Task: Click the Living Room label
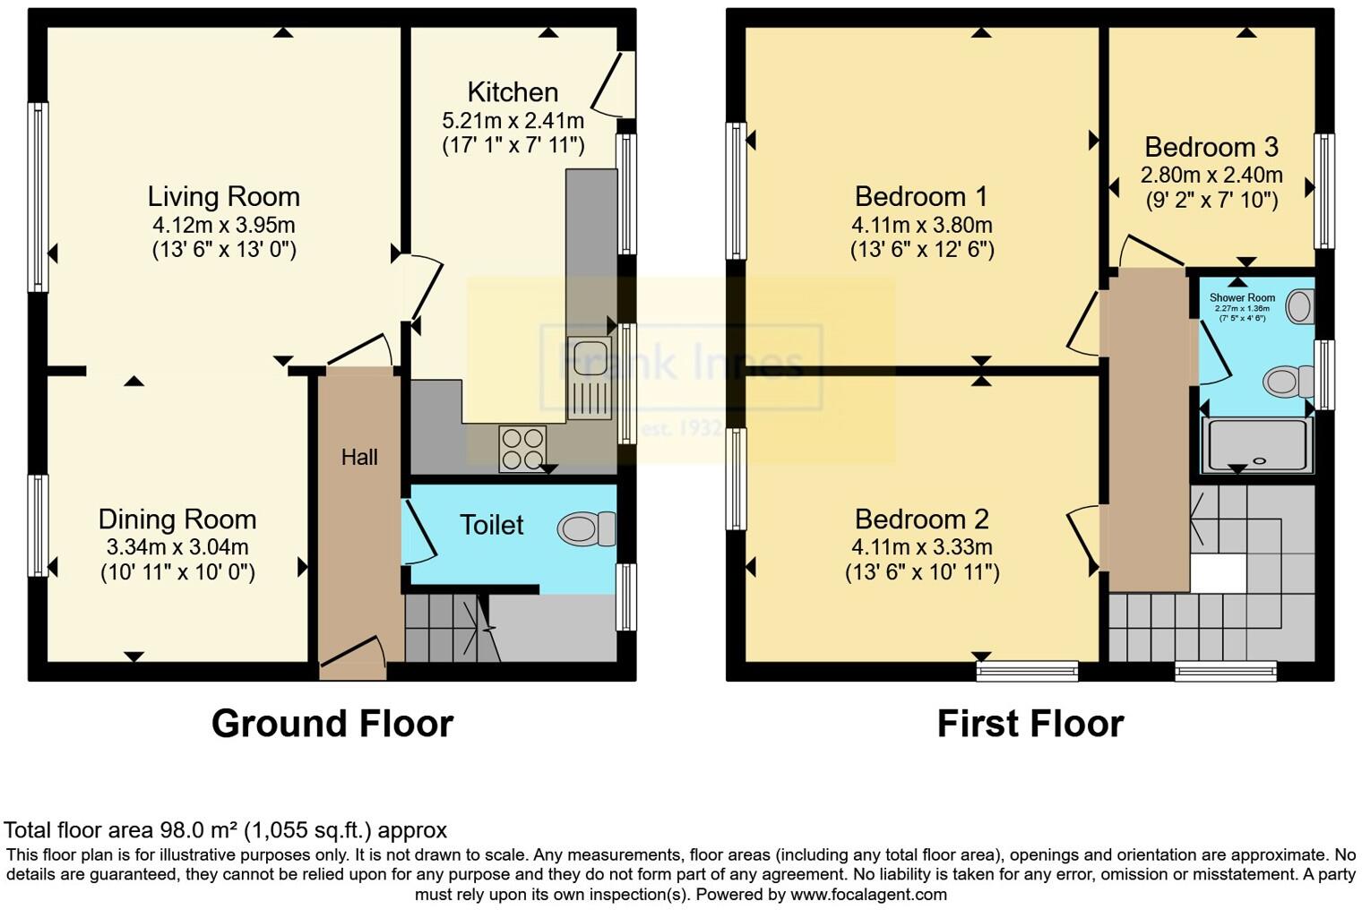223,196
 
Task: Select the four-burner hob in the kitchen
522,448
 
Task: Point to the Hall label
358,458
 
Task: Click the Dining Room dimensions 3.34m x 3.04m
177,546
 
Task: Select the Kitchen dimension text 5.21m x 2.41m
513,120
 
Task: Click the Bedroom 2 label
921,519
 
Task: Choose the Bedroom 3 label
1211,147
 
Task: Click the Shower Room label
1241,297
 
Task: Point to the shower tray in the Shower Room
1257,445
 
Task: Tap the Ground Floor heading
332,724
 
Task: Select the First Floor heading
1030,724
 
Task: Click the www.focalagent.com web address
868,894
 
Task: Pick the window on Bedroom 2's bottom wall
1027,671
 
